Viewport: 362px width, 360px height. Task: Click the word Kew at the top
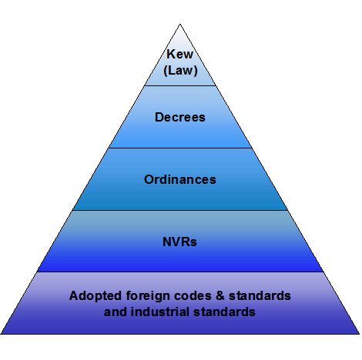click(179, 54)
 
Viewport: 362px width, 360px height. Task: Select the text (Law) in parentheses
click(180, 70)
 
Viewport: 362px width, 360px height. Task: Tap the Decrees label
click(180, 117)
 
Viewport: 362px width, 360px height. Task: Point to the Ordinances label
click(180, 179)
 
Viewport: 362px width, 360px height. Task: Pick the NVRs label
click(179, 242)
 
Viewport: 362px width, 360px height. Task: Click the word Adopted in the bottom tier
click(96, 296)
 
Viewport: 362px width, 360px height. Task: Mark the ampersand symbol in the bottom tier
click(220, 295)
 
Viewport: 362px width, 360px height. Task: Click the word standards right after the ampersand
click(260, 295)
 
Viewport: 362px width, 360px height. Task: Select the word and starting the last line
click(116, 312)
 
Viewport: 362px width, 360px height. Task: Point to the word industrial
click(160, 312)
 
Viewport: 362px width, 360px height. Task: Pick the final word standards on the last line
click(224, 312)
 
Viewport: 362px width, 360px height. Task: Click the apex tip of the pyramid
click(180, 24)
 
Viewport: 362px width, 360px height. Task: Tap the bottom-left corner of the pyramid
click(1, 334)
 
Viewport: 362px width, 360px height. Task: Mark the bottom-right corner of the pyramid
click(359, 334)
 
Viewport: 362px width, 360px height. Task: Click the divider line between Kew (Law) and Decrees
click(180, 85)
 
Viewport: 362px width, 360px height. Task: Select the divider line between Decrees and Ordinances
click(180, 148)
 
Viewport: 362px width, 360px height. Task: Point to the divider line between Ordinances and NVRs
click(180, 210)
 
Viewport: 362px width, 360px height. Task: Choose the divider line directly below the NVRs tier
click(180, 272)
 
